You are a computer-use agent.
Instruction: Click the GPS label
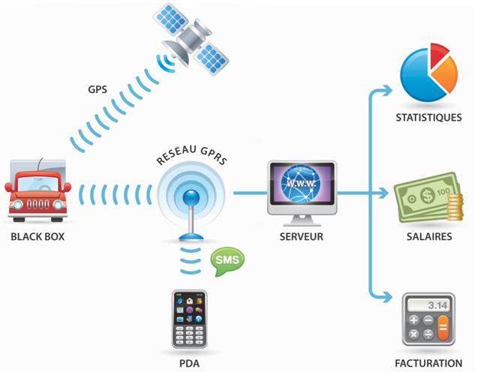point(97,89)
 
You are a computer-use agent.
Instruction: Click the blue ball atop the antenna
point(191,197)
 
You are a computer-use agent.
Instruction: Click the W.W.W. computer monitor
point(302,188)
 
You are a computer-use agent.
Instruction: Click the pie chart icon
point(428,73)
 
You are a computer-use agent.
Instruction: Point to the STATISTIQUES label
point(428,118)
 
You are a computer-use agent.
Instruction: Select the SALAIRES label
point(428,236)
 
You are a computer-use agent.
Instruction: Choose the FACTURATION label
point(428,363)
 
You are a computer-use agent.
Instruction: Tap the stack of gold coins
point(452,208)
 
